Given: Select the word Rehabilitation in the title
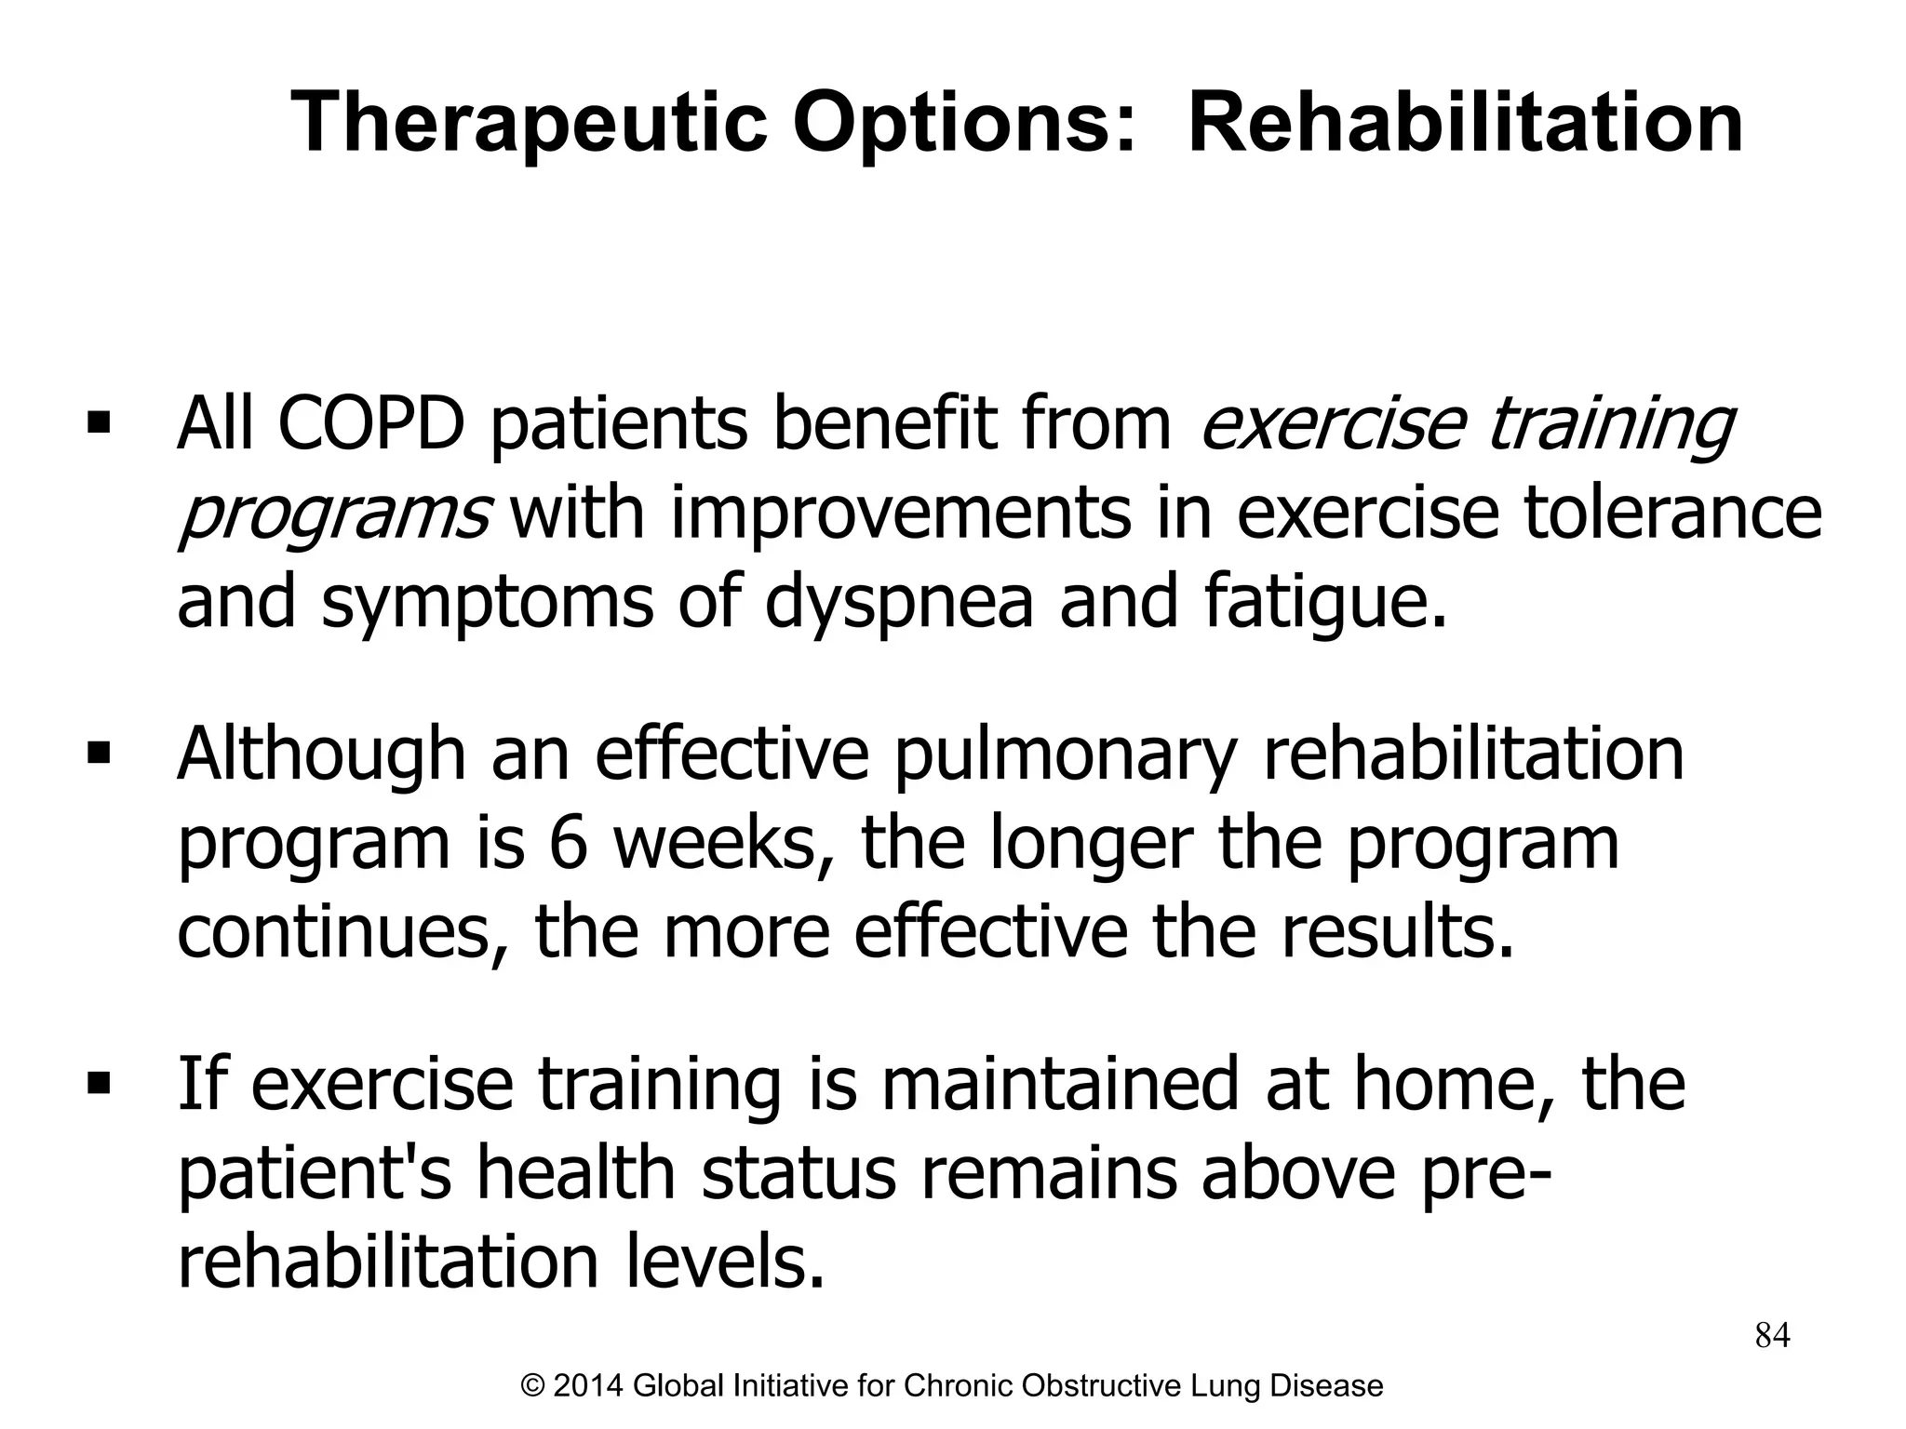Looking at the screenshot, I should point(1465,124).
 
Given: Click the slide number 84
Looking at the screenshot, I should point(1772,1335).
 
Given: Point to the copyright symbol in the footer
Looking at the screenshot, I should point(533,1385).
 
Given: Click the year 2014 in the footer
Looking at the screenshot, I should point(589,1385).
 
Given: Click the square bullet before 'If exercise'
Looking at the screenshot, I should point(98,1083).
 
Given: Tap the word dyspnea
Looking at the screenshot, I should point(899,601).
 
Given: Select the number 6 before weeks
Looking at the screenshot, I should point(568,843).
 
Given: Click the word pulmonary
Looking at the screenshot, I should point(1065,754).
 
